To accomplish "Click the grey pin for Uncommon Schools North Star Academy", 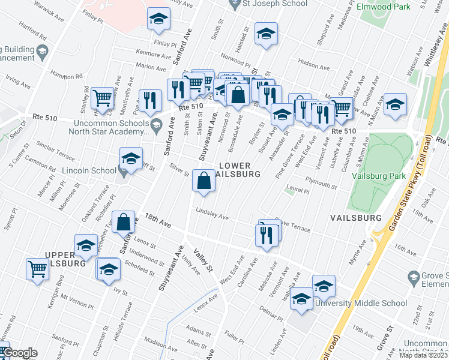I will coord(157,126).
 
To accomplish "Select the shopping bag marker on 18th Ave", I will coord(123,223).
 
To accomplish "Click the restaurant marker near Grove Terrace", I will coord(268,233).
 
